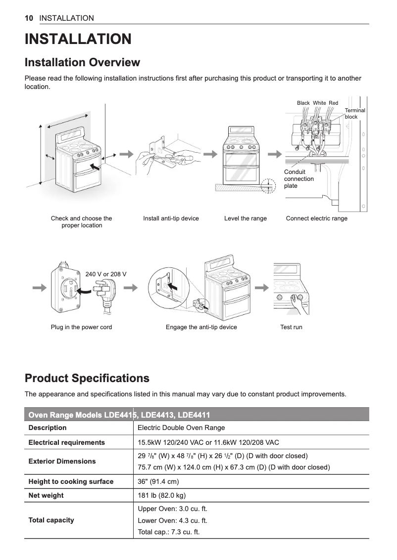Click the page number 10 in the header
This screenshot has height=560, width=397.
click(x=29, y=18)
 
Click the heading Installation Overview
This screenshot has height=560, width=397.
click(x=82, y=63)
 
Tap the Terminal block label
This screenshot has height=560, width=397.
click(x=354, y=114)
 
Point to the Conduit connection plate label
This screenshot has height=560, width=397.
click(x=298, y=179)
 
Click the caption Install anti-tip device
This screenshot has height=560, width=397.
click(x=171, y=218)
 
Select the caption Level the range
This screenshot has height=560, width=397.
click(x=245, y=218)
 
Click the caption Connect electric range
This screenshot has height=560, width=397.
click(x=316, y=218)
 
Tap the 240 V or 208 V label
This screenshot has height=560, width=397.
click(x=106, y=274)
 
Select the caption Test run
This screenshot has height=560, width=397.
click(x=291, y=327)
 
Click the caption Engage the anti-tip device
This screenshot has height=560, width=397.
click(x=201, y=327)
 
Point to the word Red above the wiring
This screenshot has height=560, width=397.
click(x=333, y=103)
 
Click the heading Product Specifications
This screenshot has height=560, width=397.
click(x=87, y=379)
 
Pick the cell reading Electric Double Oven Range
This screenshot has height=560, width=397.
click(x=181, y=428)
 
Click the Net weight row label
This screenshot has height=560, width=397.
click(x=46, y=495)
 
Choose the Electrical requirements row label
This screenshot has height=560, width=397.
click(x=66, y=442)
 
